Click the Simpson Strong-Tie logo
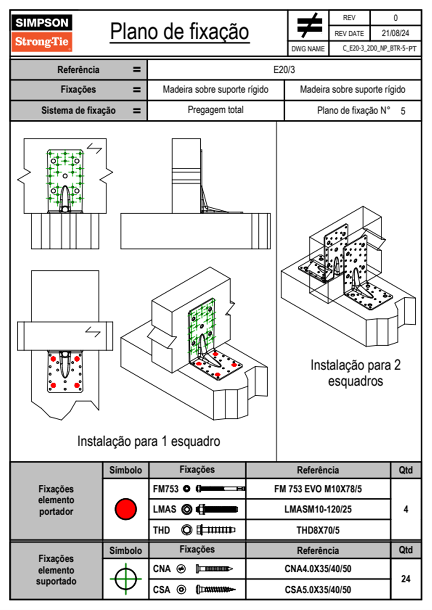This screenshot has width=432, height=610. [42, 33]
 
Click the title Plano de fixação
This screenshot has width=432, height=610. [179, 32]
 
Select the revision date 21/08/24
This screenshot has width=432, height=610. [395, 33]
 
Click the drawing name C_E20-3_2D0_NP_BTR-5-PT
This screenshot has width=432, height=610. [379, 49]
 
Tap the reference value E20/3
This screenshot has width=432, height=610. [284, 70]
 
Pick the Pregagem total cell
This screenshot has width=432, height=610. [215, 110]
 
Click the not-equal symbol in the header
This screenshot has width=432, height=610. [309, 25]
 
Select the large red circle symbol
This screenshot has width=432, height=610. [126, 509]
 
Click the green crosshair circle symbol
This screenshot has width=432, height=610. [126, 579]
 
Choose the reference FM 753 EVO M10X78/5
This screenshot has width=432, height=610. [318, 489]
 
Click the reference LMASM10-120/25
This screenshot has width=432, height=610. [318, 509]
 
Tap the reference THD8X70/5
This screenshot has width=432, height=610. [318, 530]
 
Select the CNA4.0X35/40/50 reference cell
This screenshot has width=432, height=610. [318, 569]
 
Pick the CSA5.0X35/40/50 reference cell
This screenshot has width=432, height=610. [318, 590]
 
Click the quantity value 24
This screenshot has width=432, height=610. [405, 579]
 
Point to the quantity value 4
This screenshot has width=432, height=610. [405, 509]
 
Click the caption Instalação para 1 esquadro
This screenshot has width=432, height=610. [148, 441]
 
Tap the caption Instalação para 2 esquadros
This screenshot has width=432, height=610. [355, 373]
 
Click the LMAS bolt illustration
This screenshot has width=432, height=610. [217, 509]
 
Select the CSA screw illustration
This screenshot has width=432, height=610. [215, 590]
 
